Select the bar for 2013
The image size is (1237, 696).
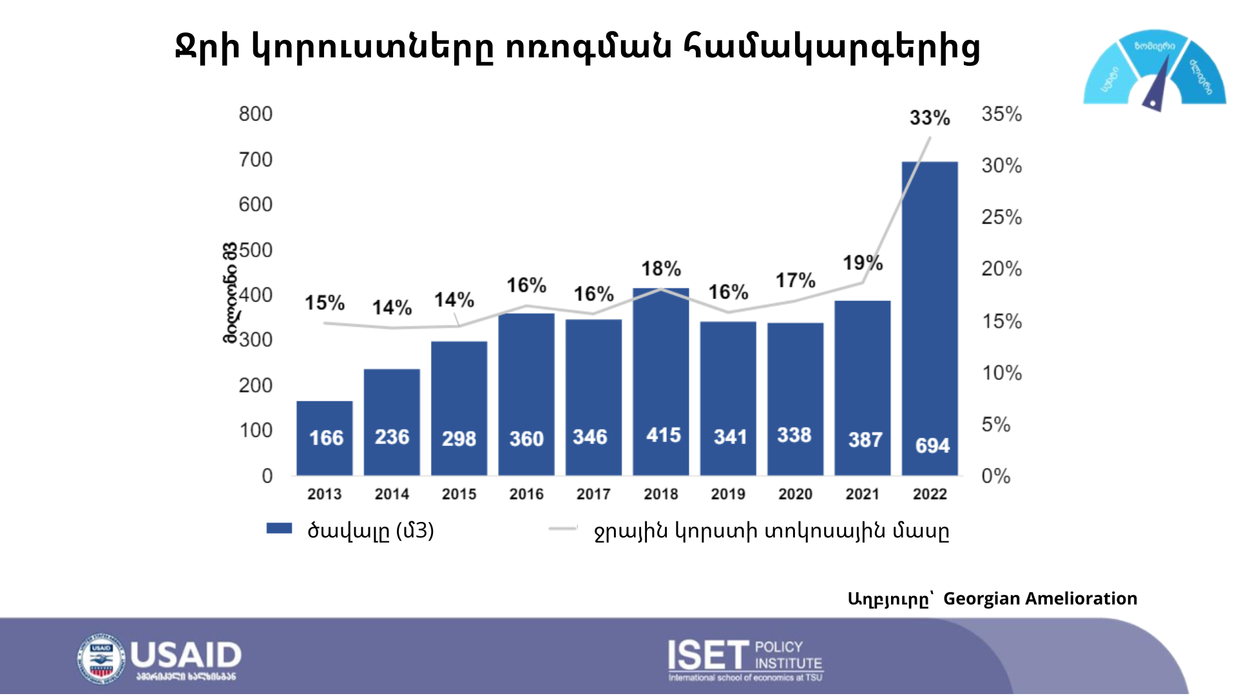(324, 438)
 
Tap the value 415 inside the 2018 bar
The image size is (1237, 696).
(663, 435)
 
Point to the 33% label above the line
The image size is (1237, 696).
(930, 118)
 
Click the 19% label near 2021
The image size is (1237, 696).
(863, 263)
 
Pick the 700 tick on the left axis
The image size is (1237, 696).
(256, 159)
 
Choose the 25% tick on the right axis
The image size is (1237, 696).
(1001, 217)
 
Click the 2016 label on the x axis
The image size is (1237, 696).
(526, 494)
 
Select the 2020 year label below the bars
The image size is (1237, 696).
(795, 494)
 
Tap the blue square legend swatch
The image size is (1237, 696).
(279, 528)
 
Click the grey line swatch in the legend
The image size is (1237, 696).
(562, 529)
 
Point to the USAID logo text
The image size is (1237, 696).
(186, 656)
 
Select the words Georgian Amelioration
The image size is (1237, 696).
(1040, 599)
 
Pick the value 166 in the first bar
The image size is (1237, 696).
(326, 438)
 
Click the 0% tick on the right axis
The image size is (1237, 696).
(995, 476)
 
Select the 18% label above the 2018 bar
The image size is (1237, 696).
(661, 269)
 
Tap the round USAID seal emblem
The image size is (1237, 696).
(101, 659)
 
